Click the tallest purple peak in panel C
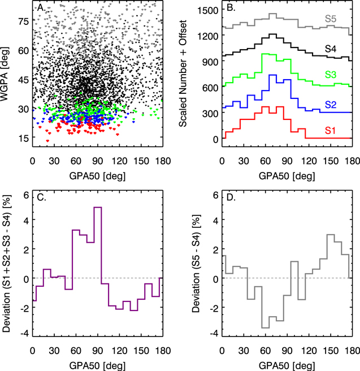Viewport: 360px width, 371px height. [x=98, y=208]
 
